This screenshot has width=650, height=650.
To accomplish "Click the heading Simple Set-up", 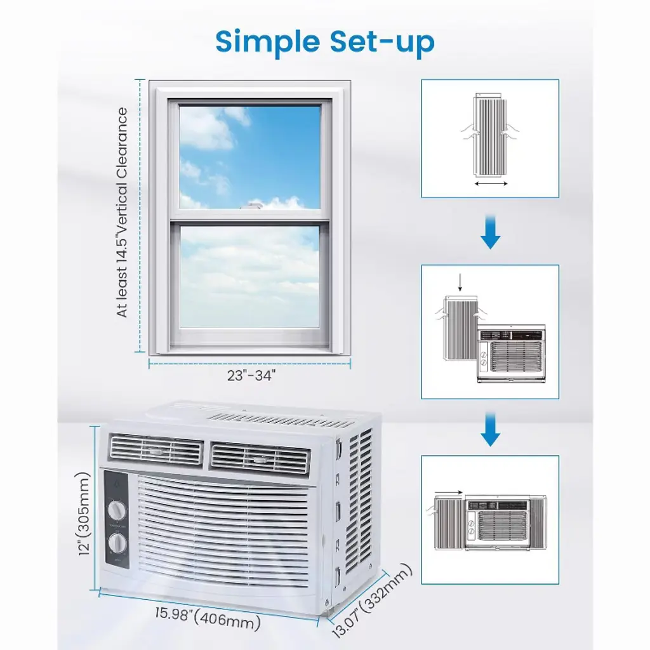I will (325, 41).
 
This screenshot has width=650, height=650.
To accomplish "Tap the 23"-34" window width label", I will (252, 376).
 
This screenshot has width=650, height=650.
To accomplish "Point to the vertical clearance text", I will (122, 213).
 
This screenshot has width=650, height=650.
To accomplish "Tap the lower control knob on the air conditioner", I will (117, 545).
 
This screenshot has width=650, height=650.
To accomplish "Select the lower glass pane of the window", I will (249, 276).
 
